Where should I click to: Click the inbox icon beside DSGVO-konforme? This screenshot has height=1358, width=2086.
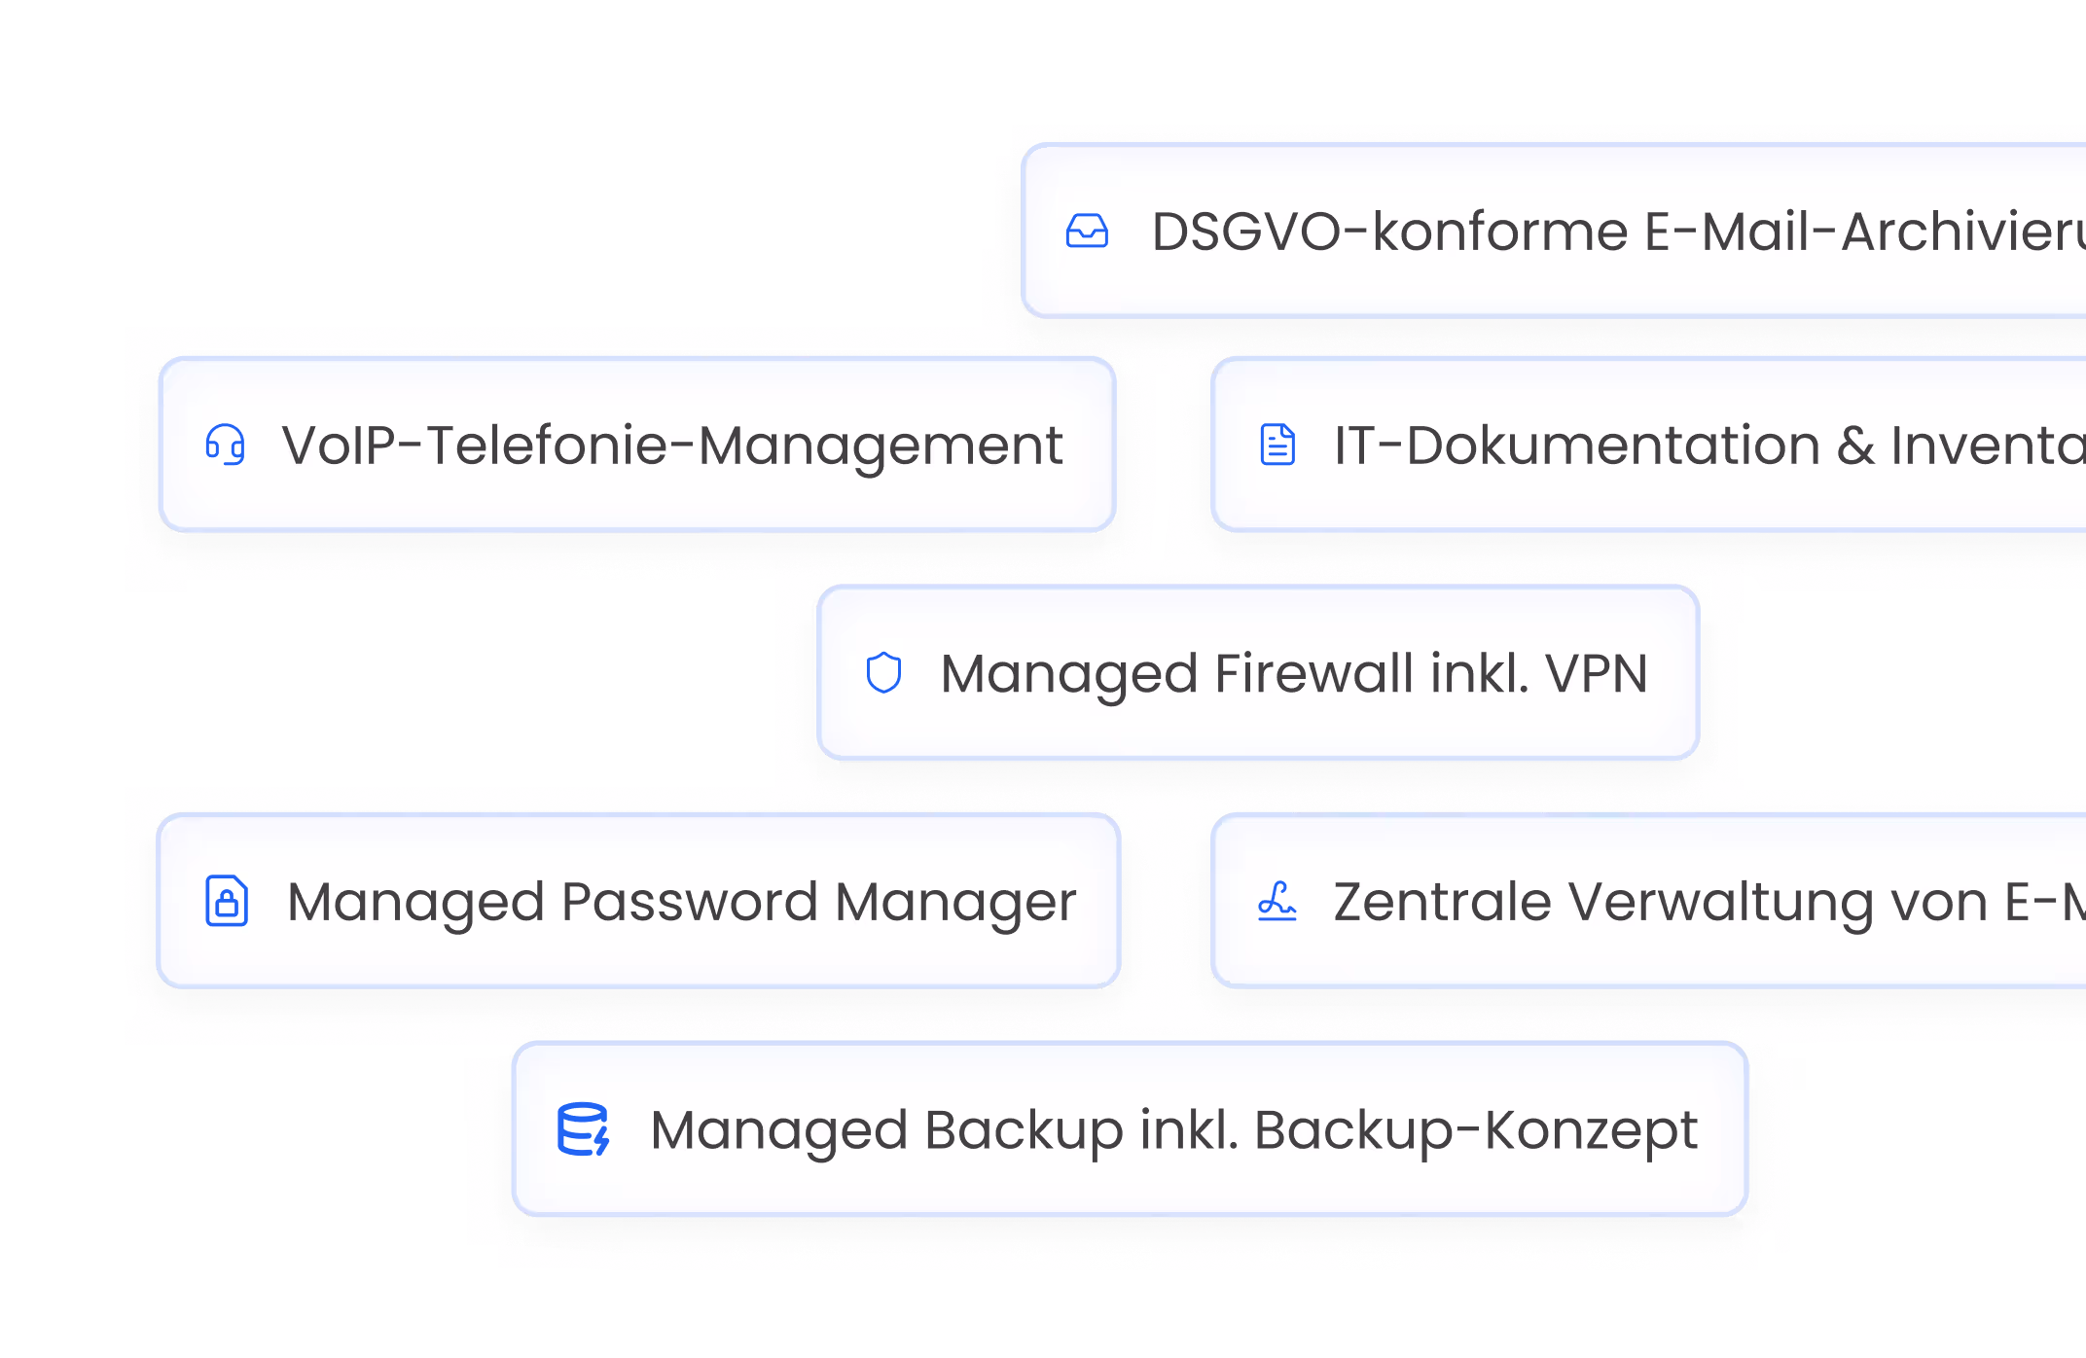tap(1087, 232)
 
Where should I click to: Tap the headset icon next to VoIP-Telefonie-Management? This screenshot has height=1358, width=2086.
tap(225, 445)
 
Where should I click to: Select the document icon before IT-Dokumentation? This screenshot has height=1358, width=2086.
tap(1277, 445)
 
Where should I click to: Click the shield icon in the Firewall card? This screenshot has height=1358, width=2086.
tap(883, 672)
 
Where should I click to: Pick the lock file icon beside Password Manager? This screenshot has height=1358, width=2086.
tap(227, 901)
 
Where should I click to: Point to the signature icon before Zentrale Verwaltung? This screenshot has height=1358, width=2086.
tap(1277, 901)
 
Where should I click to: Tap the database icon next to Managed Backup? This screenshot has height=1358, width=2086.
tap(583, 1129)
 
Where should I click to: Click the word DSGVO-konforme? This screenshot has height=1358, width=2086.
tap(1389, 232)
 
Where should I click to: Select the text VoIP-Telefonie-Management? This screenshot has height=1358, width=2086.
tap(672, 446)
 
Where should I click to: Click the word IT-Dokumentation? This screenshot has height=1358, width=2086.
tap(1576, 446)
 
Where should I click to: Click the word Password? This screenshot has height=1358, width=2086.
tap(689, 902)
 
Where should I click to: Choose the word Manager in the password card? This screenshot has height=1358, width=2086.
tap(955, 902)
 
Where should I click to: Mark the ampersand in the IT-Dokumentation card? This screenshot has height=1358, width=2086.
tap(1855, 446)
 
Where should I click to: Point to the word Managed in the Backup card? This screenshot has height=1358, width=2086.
tap(778, 1130)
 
